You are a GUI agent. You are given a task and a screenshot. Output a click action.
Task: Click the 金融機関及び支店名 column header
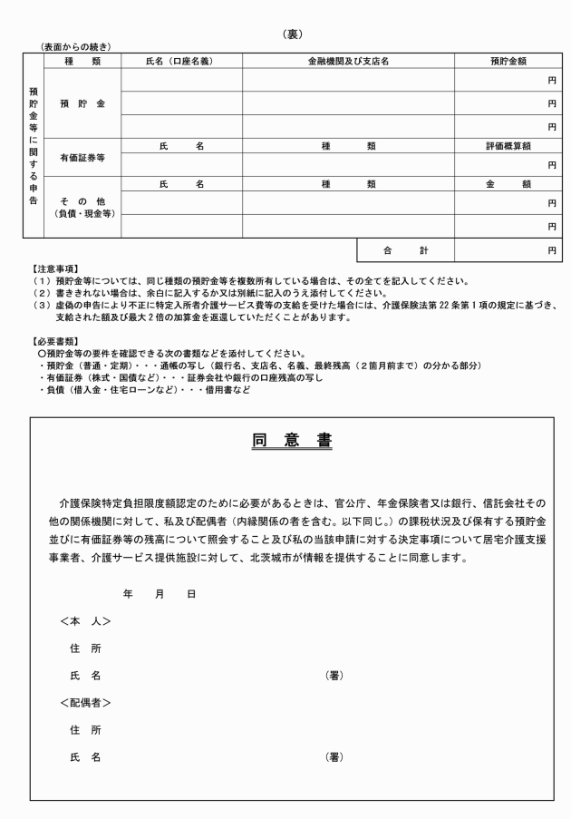(x=348, y=61)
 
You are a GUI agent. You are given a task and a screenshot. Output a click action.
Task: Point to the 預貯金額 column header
(x=508, y=61)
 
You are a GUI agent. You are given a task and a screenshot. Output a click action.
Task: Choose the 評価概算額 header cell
(x=508, y=145)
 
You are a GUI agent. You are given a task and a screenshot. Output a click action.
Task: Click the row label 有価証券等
(x=82, y=156)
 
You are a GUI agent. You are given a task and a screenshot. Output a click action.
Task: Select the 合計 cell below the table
(x=405, y=249)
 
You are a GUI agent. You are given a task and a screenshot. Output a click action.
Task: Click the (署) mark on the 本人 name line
(x=334, y=676)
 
